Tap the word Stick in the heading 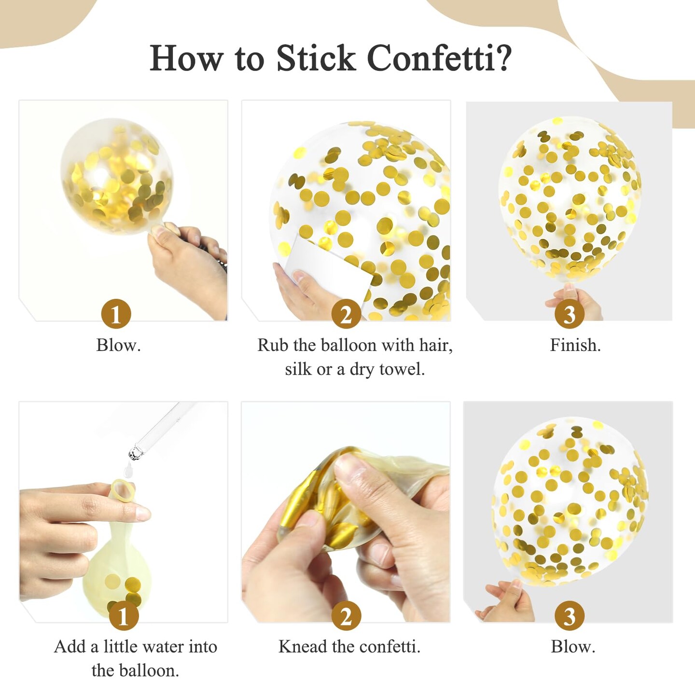pos(316,58)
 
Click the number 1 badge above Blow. pos(116,314)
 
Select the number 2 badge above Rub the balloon pos(346,314)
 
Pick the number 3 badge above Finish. pos(570,314)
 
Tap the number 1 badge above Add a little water pos(123,616)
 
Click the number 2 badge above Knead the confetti pos(346,616)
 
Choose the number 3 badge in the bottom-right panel pos(570,616)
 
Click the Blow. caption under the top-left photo pos(118,345)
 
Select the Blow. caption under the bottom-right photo pos(573,647)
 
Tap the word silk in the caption pos(298,370)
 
